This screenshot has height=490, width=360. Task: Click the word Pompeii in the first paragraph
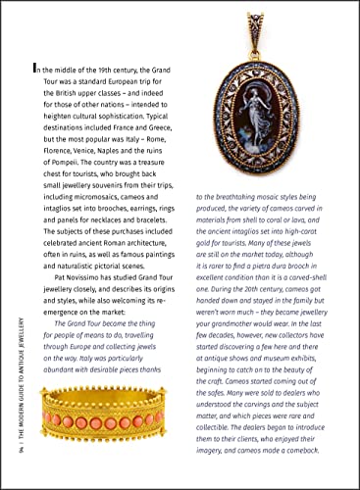point(49,160)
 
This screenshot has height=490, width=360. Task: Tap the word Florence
point(52,149)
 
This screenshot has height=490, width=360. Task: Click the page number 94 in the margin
point(11,464)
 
